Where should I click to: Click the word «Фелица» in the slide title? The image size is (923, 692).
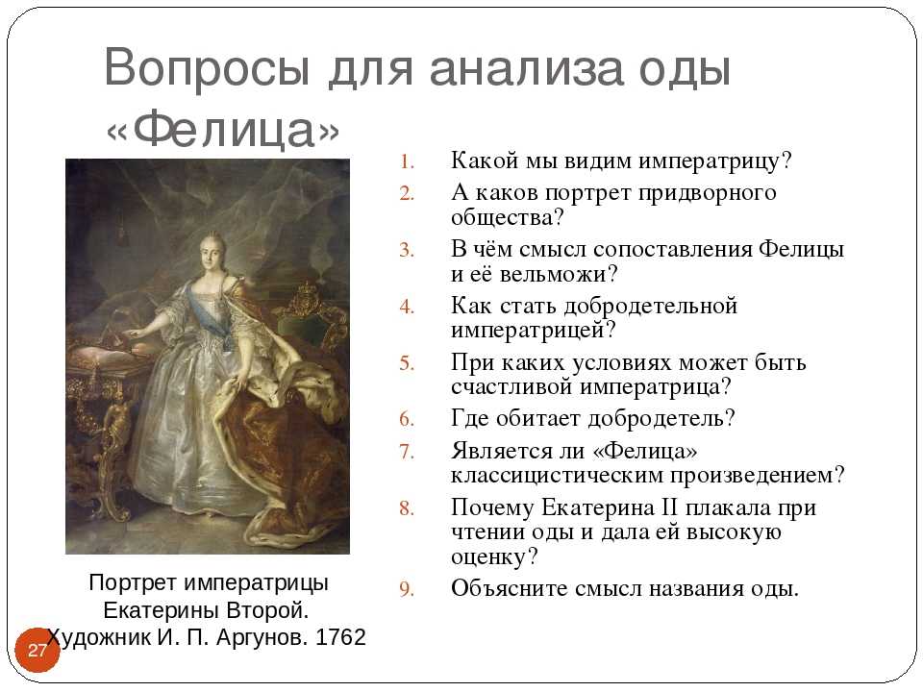[x=223, y=129]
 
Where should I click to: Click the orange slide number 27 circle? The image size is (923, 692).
[x=37, y=650]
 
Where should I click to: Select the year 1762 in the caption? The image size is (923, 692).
[x=340, y=637]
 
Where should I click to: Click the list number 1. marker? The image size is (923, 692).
[x=407, y=161]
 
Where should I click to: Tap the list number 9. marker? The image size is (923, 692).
[x=407, y=589]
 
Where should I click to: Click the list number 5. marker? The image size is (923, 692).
[x=407, y=363]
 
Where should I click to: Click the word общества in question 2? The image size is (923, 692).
[x=502, y=218]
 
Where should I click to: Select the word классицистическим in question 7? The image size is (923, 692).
[x=557, y=475]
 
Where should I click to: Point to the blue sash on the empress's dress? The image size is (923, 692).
[x=205, y=312]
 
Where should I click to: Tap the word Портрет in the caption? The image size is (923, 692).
[x=133, y=583]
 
